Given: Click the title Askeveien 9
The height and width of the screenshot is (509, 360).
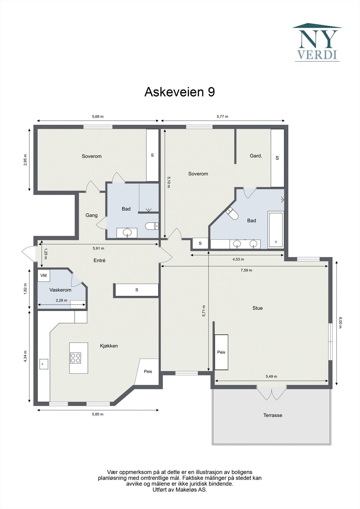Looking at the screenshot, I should coord(180,92).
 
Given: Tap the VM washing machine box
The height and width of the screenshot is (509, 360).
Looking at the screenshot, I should coord(44,275).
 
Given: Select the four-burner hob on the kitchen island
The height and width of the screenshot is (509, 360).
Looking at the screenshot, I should coord(75,358).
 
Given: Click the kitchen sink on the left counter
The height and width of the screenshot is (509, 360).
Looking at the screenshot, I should coord(43,364).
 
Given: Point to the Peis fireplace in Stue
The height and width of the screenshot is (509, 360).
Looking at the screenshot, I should coord(221,352).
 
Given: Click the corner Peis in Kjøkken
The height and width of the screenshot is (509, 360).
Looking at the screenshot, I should coord(148,372).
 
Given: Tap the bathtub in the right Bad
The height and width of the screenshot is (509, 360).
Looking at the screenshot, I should coord(276,230).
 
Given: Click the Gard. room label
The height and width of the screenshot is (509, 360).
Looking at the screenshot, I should coord(256,156).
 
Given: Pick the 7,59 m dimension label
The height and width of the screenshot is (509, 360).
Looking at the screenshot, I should coord(246,270).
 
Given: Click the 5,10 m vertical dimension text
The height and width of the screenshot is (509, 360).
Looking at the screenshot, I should coord(169,182).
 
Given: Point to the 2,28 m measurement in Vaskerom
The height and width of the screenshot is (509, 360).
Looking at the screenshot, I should coord(61,300).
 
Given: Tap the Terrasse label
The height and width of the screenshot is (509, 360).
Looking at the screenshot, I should coord(272,415).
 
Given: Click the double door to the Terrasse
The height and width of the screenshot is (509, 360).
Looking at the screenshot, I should coord(272,394).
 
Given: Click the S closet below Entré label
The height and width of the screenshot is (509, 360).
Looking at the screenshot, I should coord(137,290).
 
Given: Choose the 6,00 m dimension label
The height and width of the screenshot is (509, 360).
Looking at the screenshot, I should coord(340,323).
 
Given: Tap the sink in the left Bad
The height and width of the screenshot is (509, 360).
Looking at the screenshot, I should coord(127,233).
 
